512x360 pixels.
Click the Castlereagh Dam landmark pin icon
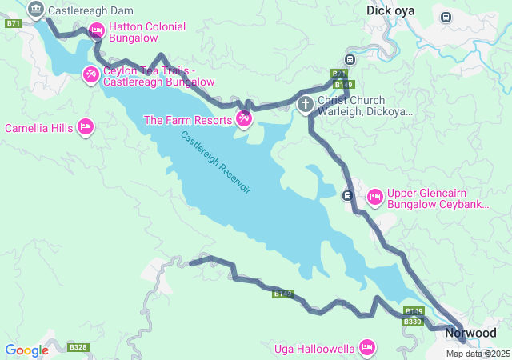click(35, 10)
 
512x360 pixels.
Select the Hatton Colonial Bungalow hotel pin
click(96, 31)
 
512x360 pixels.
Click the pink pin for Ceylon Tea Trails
click(91, 75)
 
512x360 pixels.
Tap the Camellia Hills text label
click(38, 128)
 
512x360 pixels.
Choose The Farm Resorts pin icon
click(244, 120)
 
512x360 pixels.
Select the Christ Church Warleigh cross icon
click(306, 105)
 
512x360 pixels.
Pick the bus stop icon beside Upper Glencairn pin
click(347, 195)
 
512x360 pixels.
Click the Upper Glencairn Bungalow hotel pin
click(374, 196)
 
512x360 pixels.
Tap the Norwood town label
click(470, 332)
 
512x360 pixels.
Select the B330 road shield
click(412, 322)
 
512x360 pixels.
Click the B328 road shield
click(78, 347)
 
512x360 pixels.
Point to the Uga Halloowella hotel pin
click(367, 346)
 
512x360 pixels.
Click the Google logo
click(26, 350)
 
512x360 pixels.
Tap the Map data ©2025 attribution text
click(478, 354)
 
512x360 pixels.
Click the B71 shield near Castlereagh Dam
click(12, 23)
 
